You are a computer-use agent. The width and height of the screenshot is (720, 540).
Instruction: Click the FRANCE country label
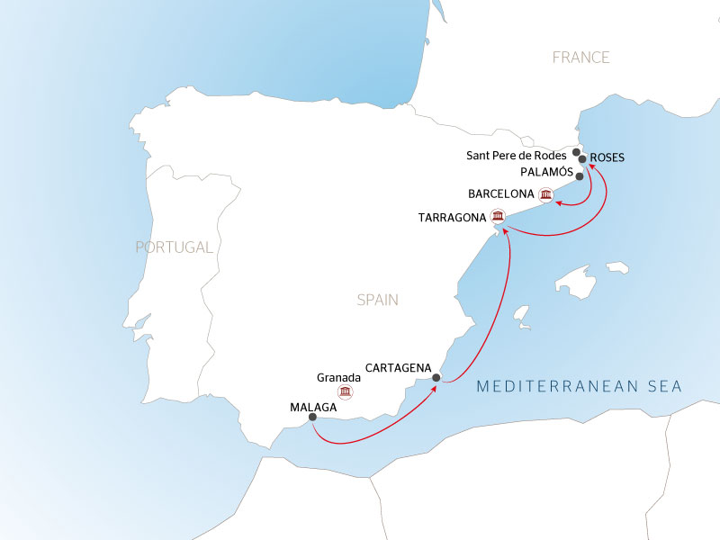580,58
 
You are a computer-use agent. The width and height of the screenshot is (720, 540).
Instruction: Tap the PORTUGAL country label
174,247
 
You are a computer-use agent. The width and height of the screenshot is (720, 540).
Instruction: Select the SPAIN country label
376,301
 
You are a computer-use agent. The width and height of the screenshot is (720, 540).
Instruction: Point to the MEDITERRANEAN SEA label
579,387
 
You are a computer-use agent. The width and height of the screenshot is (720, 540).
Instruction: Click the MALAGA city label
313,407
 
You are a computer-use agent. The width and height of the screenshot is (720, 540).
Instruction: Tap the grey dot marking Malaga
312,418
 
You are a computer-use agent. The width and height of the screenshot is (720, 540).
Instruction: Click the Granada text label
338,378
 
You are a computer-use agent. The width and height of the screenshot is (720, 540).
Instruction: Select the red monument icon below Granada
345,392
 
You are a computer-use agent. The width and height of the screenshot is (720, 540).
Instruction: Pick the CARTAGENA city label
400,367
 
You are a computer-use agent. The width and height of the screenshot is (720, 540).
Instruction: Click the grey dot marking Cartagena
436,378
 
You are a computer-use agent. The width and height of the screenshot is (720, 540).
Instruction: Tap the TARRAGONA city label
454,218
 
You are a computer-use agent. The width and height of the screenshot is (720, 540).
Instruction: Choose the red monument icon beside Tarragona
498,216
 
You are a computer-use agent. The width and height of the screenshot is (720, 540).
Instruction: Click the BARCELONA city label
501,193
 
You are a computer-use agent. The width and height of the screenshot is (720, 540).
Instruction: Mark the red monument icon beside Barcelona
545,193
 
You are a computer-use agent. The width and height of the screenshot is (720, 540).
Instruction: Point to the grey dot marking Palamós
580,176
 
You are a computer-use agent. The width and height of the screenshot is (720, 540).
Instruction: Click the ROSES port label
607,157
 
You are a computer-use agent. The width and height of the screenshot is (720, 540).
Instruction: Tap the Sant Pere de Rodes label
517,156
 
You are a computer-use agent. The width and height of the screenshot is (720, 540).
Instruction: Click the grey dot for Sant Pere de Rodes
577,152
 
